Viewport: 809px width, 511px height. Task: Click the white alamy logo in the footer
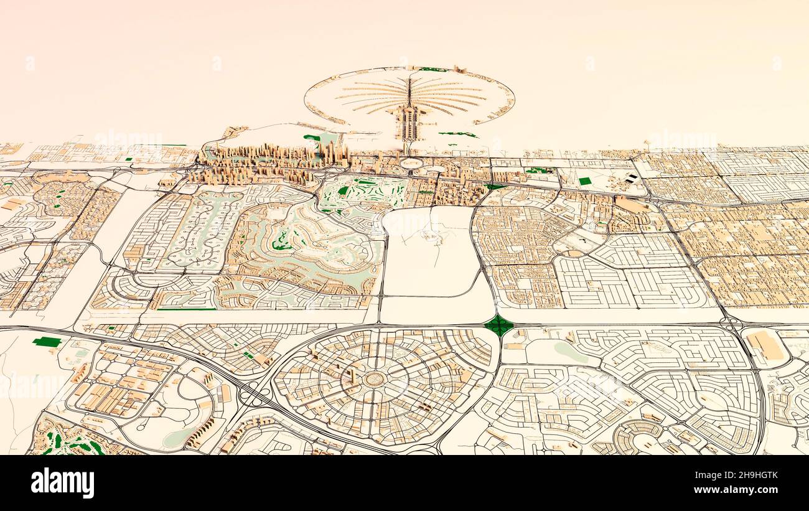click(x=62, y=483)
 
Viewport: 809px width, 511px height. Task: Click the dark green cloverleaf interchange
click(x=498, y=325)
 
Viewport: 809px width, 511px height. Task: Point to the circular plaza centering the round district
click(x=373, y=378)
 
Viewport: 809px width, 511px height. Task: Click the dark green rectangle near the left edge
click(x=47, y=342)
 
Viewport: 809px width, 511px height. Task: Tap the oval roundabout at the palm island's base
click(x=411, y=163)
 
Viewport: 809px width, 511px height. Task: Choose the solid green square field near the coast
click(x=584, y=181)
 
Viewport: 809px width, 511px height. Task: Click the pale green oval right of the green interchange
click(x=571, y=352)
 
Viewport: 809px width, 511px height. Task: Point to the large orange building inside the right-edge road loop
click(x=765, y=345)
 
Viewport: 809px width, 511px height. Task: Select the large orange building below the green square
click(x=630, y=205)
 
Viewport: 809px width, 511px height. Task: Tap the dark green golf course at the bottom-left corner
click(x=68, y=441)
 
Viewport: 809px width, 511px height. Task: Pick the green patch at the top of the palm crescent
click(x=433, y=69)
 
